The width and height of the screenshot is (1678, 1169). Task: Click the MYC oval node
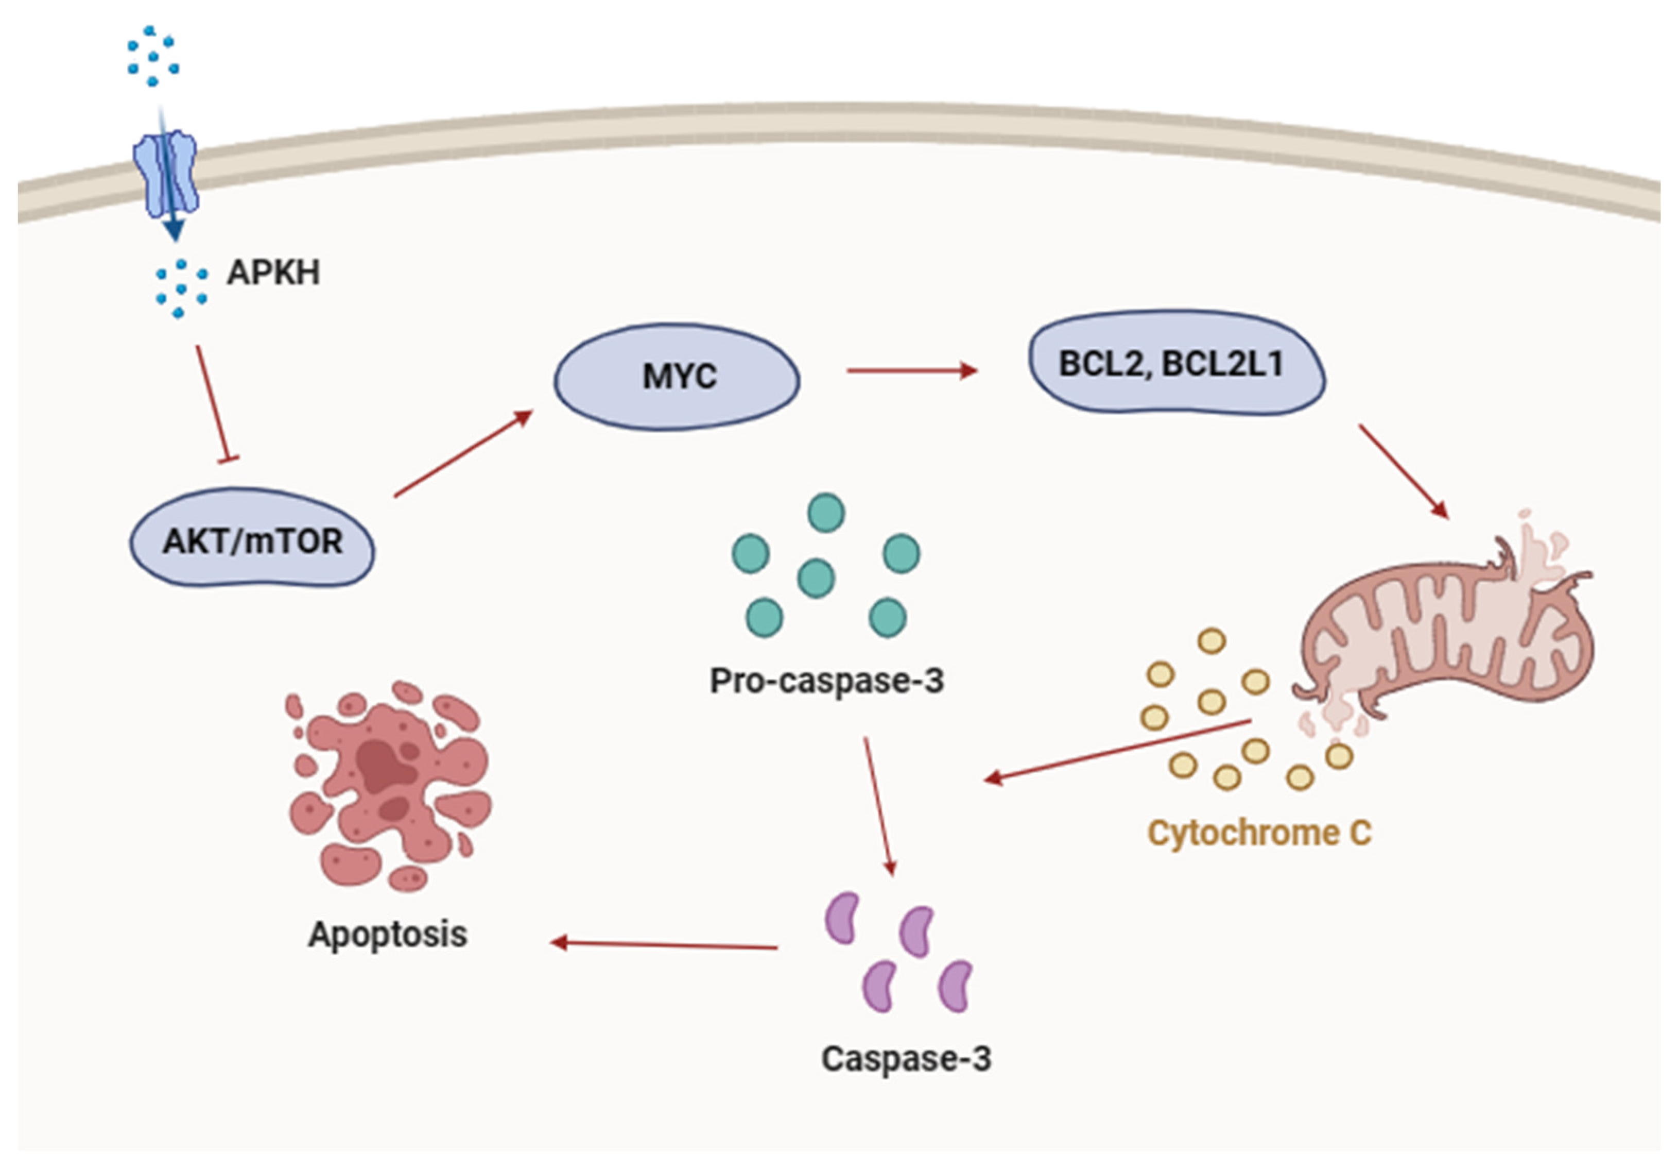pos(677,377)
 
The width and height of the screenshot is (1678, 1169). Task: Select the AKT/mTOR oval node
pos(252,538)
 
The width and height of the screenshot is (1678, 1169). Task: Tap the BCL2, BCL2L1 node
pos(1177,363)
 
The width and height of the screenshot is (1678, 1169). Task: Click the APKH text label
pos(273,272)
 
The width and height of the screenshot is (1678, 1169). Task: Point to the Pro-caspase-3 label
pos(826,681)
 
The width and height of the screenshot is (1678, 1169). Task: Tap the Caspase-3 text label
pos(906,1058)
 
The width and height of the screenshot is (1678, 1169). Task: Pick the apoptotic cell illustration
pos(389,786)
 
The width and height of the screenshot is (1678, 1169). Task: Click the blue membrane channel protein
pos(165,174)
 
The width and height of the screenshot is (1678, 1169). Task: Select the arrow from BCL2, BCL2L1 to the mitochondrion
pos(1403,471)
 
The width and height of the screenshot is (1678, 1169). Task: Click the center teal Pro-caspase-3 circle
pos(816,578)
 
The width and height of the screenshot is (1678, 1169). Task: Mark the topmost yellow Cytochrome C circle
pos(1211,641)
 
